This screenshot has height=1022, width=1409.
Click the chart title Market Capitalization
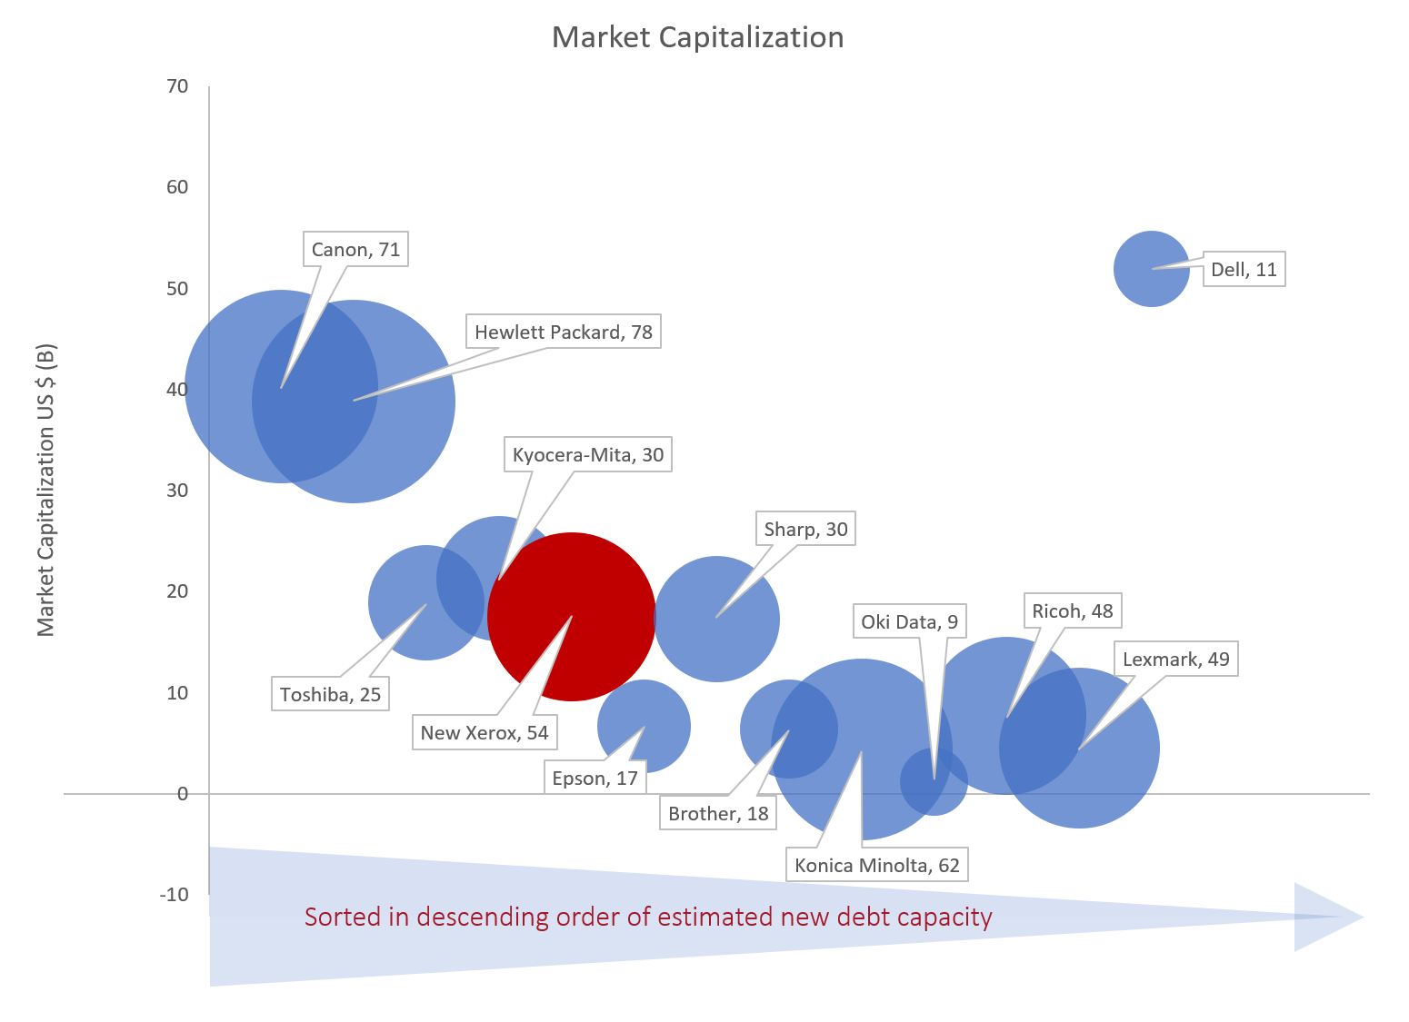[x=697, y=37]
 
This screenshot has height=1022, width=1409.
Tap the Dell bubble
[x=1151, y=269]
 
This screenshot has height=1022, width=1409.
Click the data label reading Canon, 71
[x=355, y=250]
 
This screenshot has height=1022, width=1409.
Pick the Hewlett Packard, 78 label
[x=563, y=332]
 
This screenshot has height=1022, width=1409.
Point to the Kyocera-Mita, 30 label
[x=587, y=455]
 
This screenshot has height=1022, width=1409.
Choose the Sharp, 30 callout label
[x=805, y=530]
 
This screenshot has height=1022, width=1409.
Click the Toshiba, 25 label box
[x=330, y=695]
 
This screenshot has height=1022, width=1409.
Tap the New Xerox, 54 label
[x=484, y=733]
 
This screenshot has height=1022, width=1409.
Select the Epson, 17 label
[x=595, y=779]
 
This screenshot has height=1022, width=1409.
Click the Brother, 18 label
[x=718, y=814]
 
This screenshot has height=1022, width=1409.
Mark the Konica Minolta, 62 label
[x=876, y=866]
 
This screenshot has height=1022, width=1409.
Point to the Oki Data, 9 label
[x=909, y=622]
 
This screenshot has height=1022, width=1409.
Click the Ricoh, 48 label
[x=1072, y=611]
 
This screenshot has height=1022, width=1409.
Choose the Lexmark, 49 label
[x=1175, y=660]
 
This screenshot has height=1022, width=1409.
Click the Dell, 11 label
[x=1244, y=270]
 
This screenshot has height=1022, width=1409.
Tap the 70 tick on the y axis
[x=177, y=86]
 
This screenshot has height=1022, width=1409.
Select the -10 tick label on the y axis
[x=174, y=895]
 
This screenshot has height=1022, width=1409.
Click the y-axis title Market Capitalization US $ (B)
[x=46, y=491]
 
